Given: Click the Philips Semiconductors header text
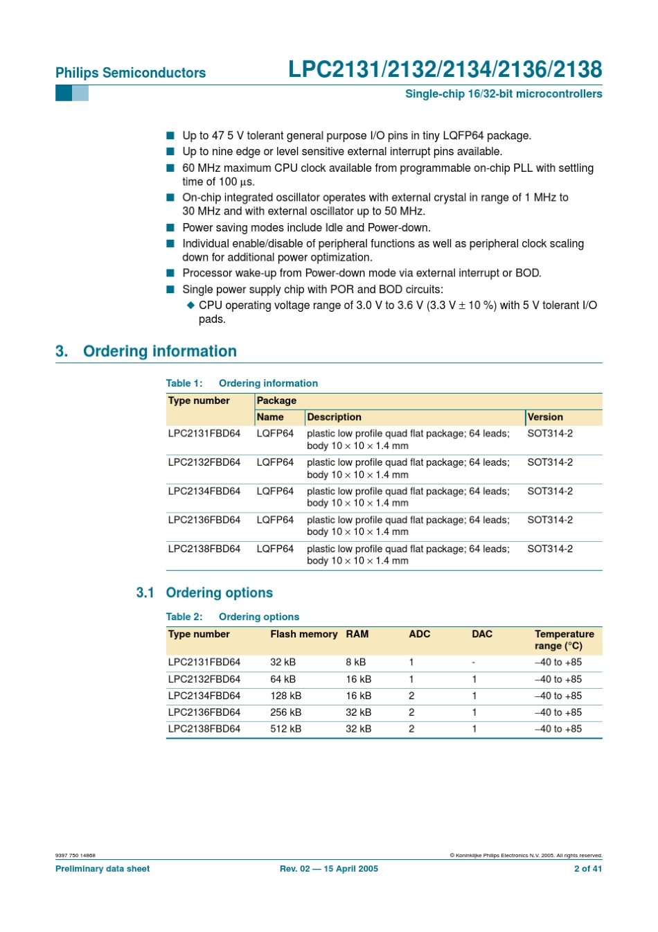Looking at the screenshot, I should pyautogui.click(x=130, y=73).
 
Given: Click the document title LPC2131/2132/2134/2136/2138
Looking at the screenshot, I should pyautogui.click(x=445, y=69).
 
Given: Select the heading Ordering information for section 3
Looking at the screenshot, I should pyautogui.click(x=159, y=351).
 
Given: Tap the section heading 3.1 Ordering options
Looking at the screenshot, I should pyautogui.click(x=204, y=592).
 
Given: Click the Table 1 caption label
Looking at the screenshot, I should pyautogui.click(x=184, y=383).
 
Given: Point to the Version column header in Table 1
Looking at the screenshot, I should pyautogui.click(x=545, y=417).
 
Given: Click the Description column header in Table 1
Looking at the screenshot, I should pyautogui.click(x=334, y=417).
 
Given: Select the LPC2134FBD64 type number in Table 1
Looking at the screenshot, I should pyautogui.click(x=204, y=491).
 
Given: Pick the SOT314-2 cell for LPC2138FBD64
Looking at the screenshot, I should pyautogui.click(x=550, y=549).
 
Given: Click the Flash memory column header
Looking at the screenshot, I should pyautogui.click(x=303, y=634).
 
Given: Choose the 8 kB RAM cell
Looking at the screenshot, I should pyautogui.click(x=356, y=662).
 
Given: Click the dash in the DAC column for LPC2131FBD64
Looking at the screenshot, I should pyautogui.click(x=474, y=662).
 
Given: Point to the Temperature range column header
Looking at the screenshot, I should pyautogui.click(x=564, y=640).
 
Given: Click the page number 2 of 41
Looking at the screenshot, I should pyautogui.click(x=587, y=869).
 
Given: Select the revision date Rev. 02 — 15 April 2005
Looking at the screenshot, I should pyautogui.click(x=329, y=869).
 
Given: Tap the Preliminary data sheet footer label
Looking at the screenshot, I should pyautogui.click(x=103, y=869).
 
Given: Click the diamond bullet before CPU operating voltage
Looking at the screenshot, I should pyautogui.click(x=191, y=305).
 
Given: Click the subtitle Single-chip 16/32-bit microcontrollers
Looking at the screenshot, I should pyautogui.click(x=504, y=94).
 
